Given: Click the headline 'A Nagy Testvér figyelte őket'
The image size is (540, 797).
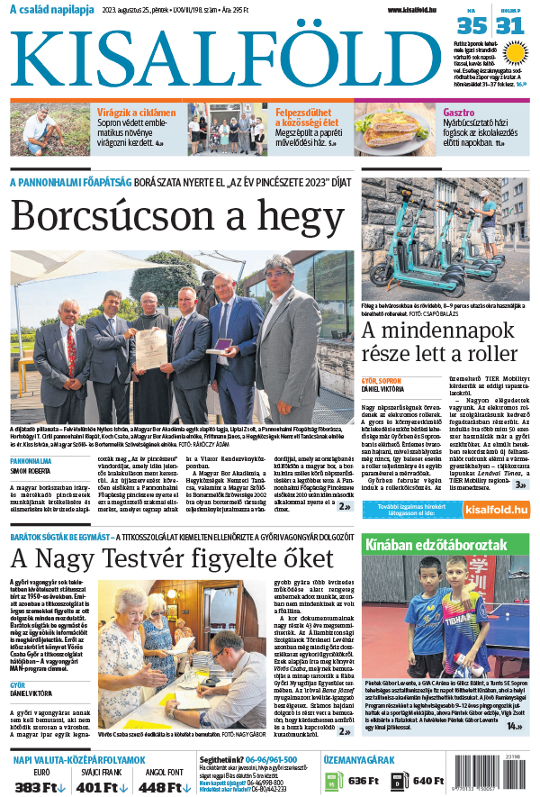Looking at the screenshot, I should click(185, 554).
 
